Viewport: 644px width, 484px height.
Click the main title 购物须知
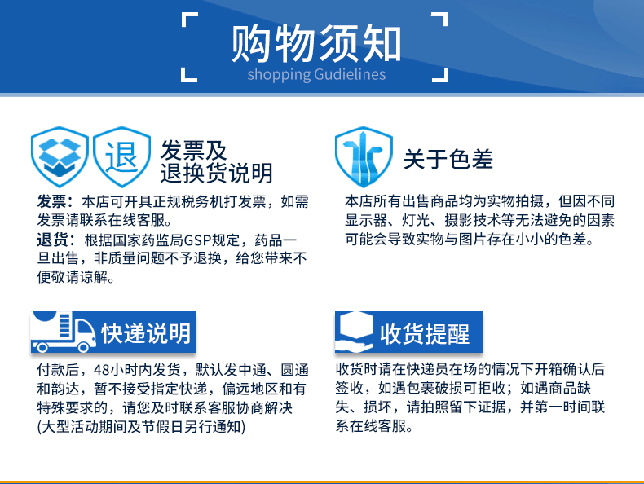coord(315,43)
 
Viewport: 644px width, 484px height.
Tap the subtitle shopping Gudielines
coord(316,74)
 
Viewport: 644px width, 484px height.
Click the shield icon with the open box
coord(60,156)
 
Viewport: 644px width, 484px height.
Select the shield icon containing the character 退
coord(121,156)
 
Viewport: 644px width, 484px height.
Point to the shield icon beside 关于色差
coord(364,156)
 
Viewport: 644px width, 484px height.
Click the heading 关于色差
coord(448,159)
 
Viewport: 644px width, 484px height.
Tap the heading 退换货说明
coord(217,173)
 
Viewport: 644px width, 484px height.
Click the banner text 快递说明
coord(146,333)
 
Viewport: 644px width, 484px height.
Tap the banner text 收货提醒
coord(425,334)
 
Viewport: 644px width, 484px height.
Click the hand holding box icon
coord(354,332)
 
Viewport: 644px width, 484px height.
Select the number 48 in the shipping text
coord(102,370)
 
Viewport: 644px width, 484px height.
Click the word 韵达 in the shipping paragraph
coord(65,389)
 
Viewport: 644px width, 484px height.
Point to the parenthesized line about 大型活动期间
coord(141,427)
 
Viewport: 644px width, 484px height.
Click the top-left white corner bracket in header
coord(189,20)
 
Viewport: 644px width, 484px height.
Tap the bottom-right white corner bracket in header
coord(440,74)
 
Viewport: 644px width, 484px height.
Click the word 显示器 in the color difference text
coord(366,221)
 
